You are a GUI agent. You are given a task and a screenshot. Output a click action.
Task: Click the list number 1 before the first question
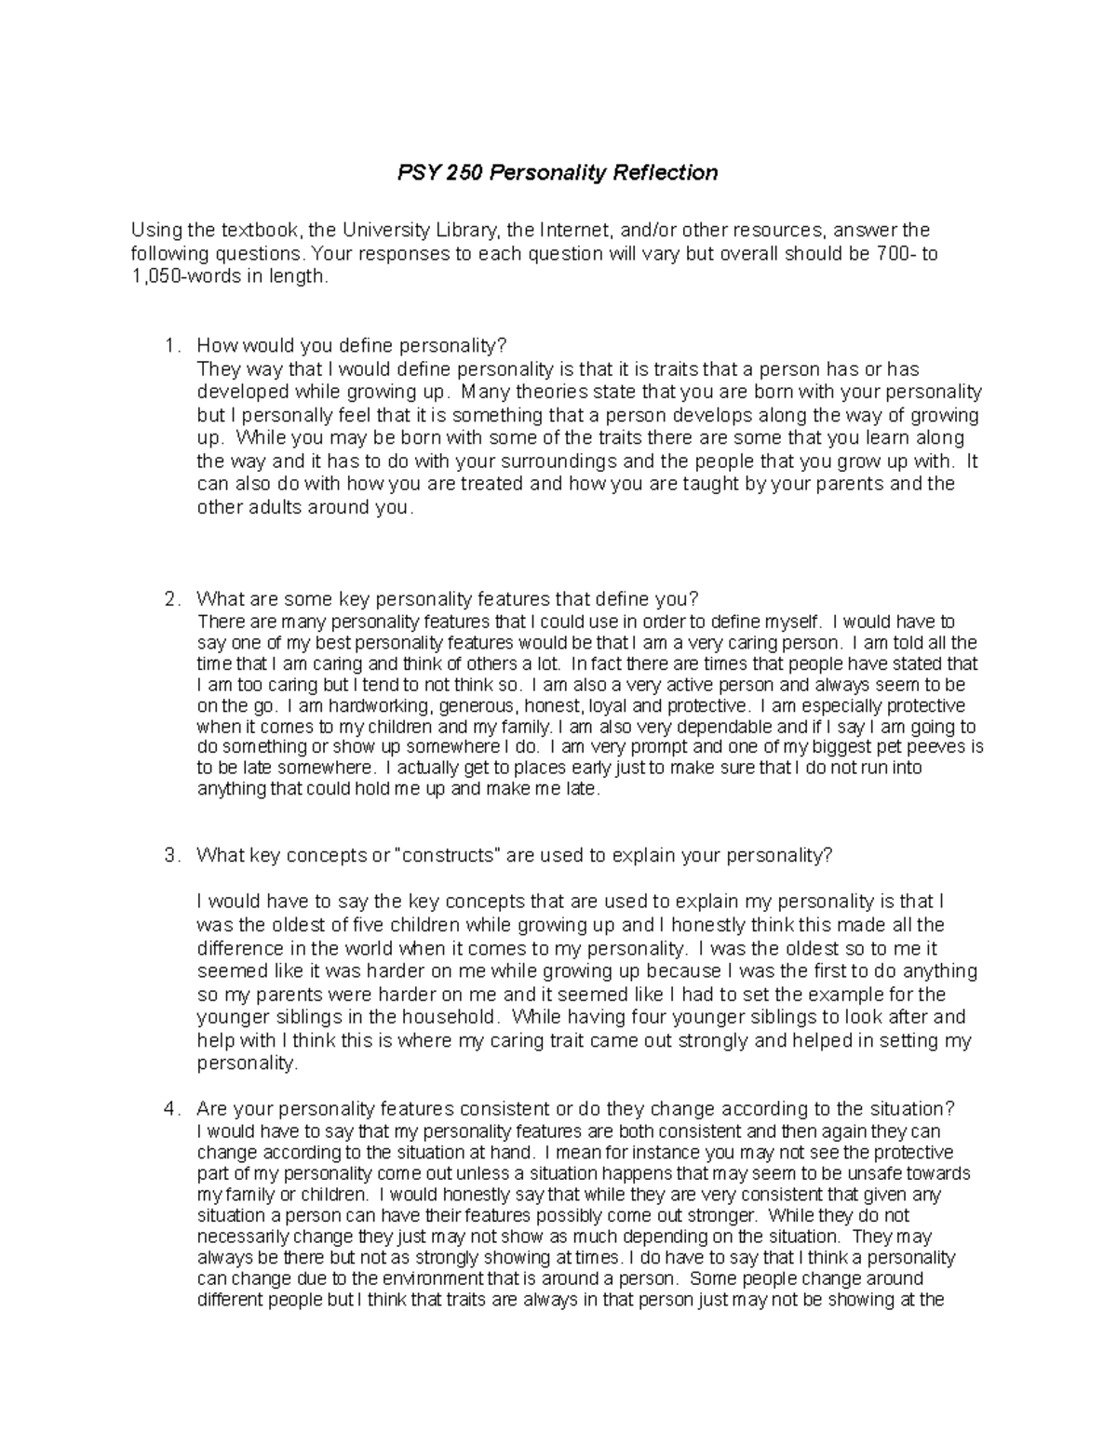169,346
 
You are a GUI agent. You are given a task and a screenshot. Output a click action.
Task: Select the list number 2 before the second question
169,599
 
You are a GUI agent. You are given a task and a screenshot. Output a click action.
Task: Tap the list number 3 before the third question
169,856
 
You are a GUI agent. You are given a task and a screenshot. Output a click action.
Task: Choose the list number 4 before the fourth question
169,1109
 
